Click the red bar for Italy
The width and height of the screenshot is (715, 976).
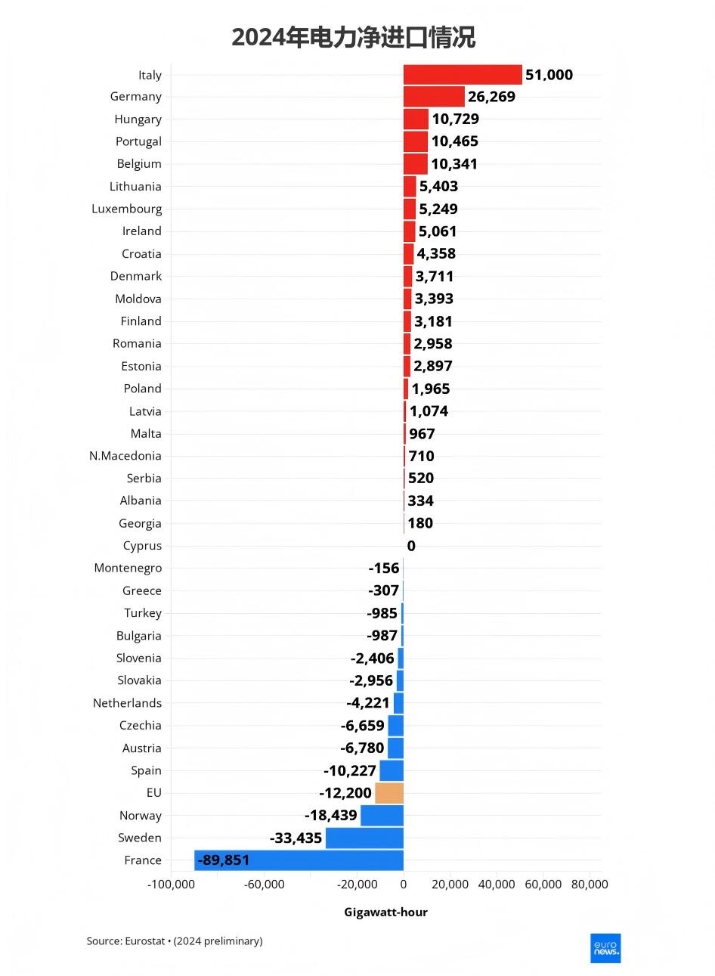point(463,75)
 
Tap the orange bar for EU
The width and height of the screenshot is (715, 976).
point(389,793)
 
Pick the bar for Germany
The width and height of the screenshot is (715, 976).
point(434,97)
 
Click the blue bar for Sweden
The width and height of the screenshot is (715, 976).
point(364,838)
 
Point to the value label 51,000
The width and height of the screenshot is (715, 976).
point(549,75)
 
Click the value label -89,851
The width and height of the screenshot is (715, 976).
point(223,860)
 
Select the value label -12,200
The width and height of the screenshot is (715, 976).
point(345,793)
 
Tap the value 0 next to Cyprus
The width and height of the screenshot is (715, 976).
point(411,546)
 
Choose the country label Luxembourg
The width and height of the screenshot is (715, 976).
point(126,209)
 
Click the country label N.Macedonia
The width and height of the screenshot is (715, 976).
point(125,456)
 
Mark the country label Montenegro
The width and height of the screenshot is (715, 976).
point(128,568)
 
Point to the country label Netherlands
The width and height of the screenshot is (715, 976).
point(127,703)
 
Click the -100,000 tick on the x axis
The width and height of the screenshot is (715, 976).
point(171,885)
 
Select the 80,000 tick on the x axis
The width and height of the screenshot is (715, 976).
point(590,885)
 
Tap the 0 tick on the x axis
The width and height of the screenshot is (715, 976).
point(404,885)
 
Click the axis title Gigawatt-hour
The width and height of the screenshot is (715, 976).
point(385,912)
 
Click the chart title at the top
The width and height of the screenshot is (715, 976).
point(354,37)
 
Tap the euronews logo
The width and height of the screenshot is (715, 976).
point(605,948)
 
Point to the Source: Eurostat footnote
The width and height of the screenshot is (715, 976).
point(175,941)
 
